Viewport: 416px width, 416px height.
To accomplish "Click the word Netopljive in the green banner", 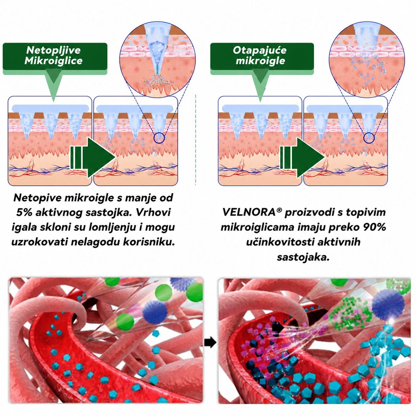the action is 53,51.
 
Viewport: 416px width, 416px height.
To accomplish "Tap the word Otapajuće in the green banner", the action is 259,51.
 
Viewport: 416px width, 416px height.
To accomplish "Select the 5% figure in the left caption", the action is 24,212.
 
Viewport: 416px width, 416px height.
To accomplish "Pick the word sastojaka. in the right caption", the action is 303,257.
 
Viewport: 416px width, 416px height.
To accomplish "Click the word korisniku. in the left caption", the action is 149,242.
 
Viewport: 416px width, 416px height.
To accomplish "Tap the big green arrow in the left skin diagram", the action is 93,158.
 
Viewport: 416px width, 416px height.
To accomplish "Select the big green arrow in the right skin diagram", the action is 303,158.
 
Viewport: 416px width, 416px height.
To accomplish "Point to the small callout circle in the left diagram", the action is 159,137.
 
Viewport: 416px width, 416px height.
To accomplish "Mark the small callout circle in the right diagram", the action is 369,137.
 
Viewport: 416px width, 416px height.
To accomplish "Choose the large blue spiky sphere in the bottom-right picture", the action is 388,303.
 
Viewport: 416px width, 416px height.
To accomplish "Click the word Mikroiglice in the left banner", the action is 53,61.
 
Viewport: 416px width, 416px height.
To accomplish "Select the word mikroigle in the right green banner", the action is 260,61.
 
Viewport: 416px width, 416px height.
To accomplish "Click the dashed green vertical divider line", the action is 196,140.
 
